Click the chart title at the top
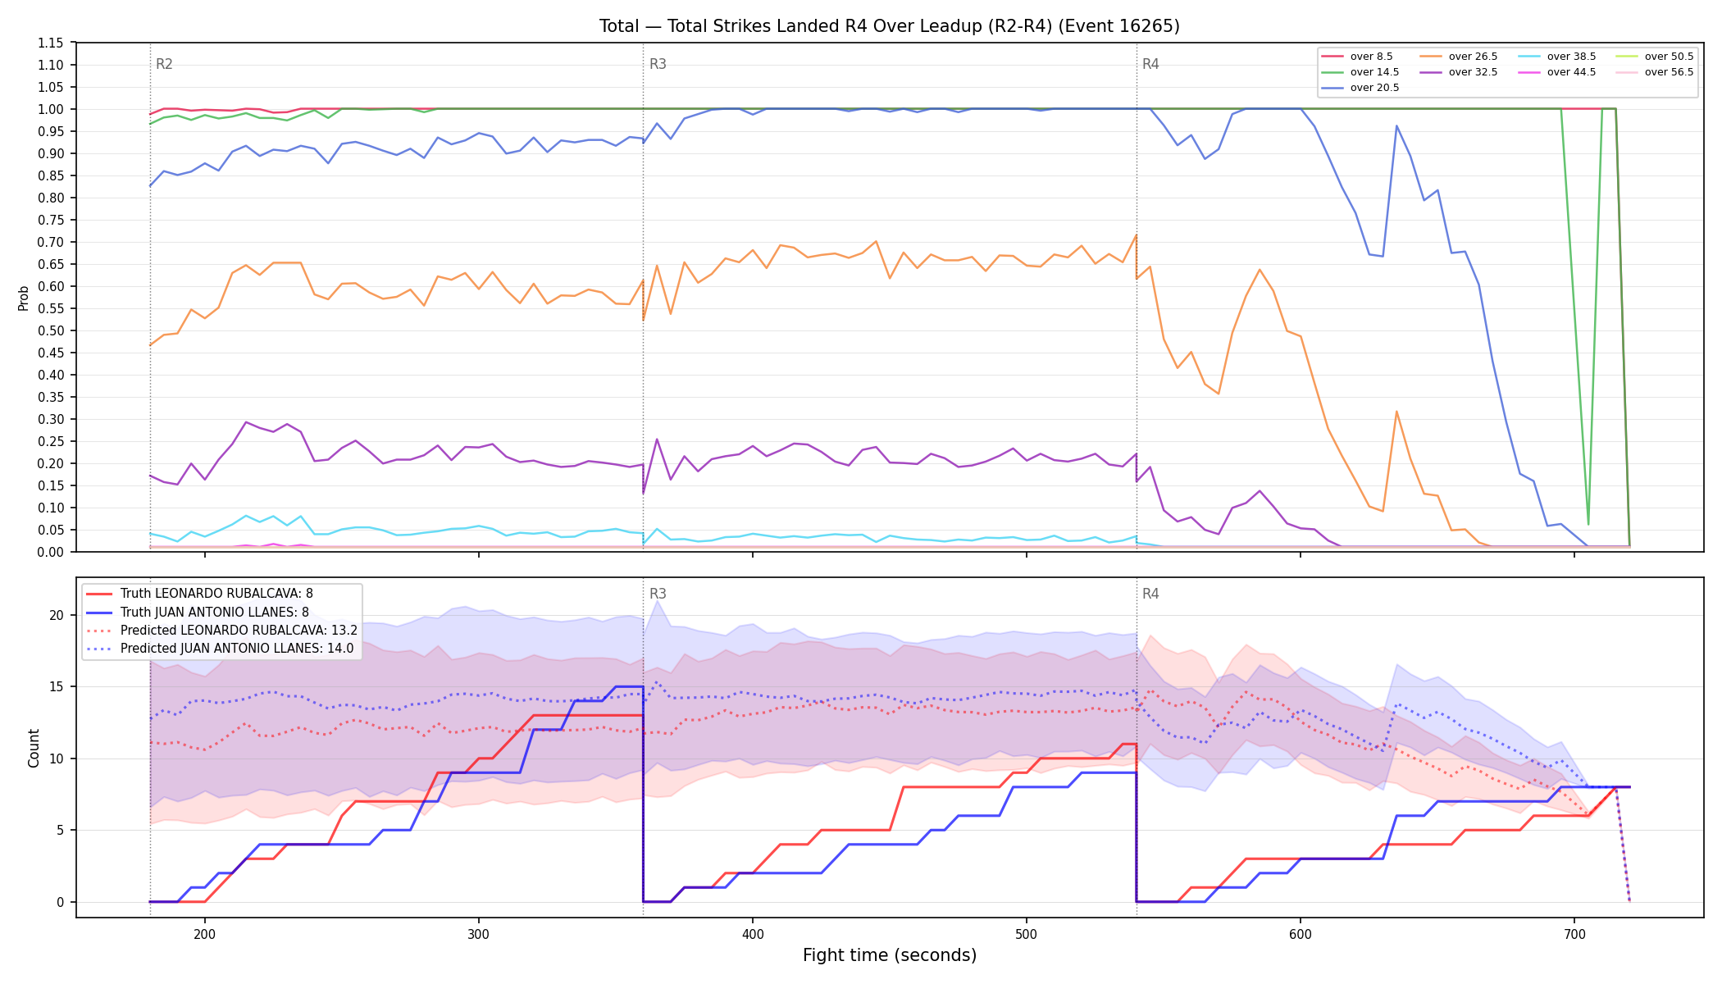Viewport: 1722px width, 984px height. pos(890,26)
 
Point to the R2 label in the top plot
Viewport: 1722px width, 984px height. pos(164,64)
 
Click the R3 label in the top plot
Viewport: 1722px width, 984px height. pos(658,64)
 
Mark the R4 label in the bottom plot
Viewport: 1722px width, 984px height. pos(1150,594)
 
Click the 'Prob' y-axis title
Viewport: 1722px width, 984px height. pos(23,298)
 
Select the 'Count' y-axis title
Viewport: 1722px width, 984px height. pos(34,748)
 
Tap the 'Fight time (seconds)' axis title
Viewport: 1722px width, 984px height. pos(890,955)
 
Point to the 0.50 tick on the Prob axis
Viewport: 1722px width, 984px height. pos(51,330)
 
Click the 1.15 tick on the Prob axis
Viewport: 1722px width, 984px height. pos(51,43)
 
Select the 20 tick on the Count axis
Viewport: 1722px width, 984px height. pos(57,615)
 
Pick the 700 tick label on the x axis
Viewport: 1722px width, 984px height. pos(1574,934)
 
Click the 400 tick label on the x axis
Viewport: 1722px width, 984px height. pos(753,934)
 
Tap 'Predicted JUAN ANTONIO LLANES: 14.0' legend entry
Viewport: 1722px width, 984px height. pos(221,649)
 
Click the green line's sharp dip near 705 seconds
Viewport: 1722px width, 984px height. pos(1588,524)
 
